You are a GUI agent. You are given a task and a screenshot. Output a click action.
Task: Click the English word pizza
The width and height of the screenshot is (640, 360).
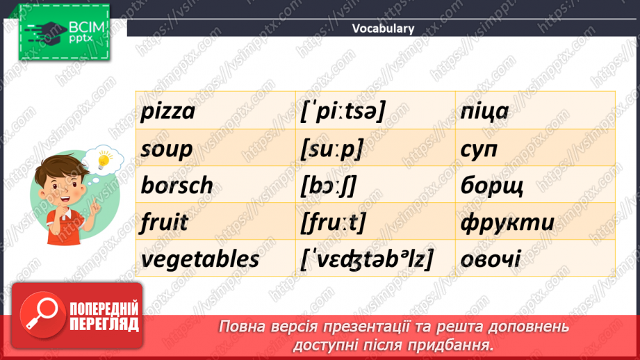(167, 111)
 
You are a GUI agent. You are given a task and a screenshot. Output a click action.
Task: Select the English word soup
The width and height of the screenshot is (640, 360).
(167, 149)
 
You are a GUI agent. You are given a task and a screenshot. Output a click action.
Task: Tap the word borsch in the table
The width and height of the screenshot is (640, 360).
(177, 186)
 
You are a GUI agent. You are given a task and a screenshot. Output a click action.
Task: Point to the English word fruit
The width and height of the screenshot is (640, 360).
(164, 222)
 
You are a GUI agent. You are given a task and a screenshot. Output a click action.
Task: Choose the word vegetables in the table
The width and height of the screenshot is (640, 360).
(199, 259)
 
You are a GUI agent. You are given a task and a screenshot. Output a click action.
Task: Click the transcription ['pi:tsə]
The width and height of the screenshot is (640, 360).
(343, 111)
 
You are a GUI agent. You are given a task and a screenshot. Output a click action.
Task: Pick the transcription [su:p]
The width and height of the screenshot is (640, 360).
(332, 149)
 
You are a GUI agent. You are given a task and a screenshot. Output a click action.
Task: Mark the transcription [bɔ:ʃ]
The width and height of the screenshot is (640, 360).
(330, 186)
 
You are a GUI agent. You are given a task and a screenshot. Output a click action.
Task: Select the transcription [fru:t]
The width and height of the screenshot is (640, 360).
(334, 222)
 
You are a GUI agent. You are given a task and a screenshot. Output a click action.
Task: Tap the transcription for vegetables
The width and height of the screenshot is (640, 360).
(366, 259)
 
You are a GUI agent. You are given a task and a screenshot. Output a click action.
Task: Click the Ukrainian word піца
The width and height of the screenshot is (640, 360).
(484, 111)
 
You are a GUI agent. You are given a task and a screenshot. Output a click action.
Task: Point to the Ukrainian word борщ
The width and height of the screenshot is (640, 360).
(491, 186)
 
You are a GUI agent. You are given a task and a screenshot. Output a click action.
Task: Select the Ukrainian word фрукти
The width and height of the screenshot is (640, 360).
(507, 222)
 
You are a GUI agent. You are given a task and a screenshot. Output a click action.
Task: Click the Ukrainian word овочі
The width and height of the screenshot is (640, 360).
(490, 259)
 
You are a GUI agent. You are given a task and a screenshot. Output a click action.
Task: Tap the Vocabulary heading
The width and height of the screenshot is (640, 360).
(383, 28)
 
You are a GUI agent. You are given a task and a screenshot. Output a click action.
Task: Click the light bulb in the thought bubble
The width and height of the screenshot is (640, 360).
(104, 161)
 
